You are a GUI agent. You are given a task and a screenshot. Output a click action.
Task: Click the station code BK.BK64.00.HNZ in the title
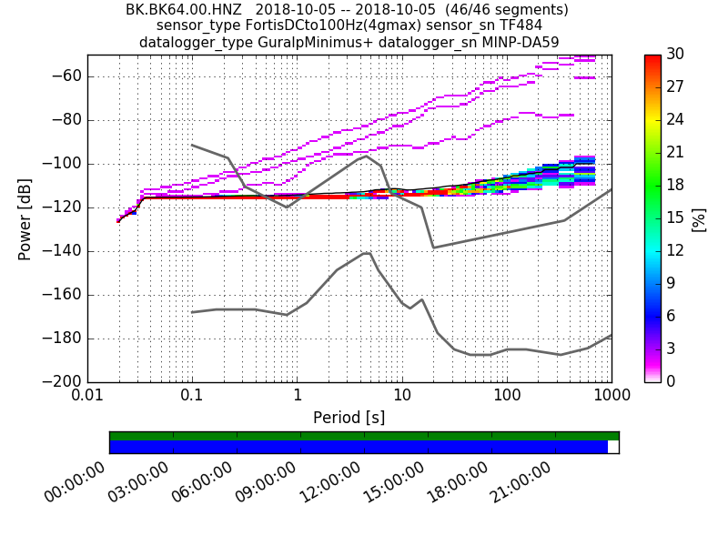coord(183,10)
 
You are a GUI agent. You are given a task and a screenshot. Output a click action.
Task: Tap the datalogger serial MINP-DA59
coord(520,43)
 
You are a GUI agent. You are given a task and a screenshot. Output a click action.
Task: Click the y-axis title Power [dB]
coord(25,218)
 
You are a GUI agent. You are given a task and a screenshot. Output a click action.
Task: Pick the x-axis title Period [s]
coord(349,418)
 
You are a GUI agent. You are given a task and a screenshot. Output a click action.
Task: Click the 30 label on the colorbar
coord(675,55)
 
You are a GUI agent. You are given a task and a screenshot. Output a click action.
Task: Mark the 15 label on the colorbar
coord(675,218)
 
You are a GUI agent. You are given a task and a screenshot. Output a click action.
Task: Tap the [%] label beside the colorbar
coord(699,218)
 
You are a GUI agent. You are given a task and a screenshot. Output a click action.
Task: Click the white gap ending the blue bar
coord(613,447)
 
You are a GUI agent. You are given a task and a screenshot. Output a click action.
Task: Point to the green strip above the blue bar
coord(364,436)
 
